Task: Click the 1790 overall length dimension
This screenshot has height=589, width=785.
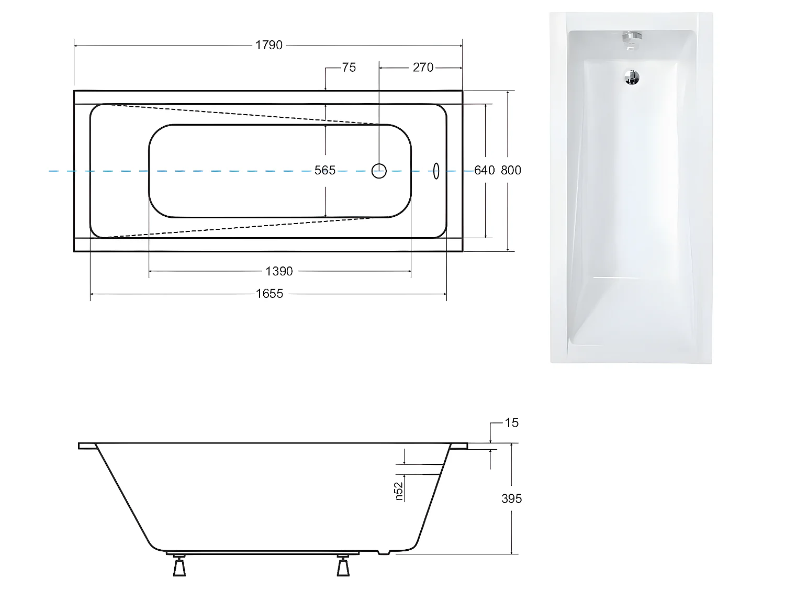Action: point(268,46)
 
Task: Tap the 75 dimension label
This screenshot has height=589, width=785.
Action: point(349,68)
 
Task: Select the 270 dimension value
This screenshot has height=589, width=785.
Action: point(423,68)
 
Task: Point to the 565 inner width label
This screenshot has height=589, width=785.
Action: point(325,170)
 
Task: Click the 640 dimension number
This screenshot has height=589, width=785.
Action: point(484,170)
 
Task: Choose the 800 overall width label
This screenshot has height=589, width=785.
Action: point(511,170)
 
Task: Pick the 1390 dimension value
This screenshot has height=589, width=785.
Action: point(279,271)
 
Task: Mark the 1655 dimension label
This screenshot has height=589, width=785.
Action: point(269,294)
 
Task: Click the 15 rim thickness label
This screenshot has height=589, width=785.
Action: point(511,423)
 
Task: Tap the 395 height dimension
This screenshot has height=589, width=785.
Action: point(511,499)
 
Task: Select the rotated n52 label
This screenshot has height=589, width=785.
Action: point(399,491)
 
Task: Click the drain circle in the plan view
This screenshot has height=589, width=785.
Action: point(379,171)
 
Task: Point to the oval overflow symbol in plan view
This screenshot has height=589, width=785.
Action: point(436,171)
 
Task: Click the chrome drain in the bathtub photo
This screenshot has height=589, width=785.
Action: point(632,77)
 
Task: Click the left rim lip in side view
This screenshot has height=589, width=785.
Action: point(87,446)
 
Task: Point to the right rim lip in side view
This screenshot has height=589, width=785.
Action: point(458,446)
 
